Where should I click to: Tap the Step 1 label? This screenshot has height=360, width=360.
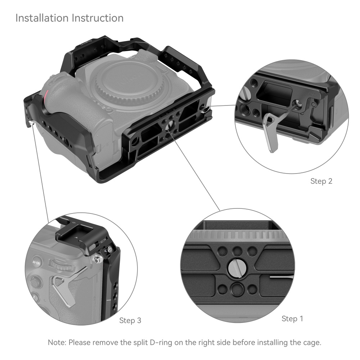(x=292, y=319)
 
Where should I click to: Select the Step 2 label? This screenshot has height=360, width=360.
(x=321, y=181)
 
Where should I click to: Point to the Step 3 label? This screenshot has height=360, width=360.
(x=130, y=320)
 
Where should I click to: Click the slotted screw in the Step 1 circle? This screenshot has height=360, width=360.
(x=236, y=269)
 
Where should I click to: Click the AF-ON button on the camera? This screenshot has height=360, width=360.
(x=37, y=263)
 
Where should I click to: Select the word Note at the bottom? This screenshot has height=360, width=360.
(x=56, y=342)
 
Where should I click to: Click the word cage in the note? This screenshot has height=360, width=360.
(x=310, y=342)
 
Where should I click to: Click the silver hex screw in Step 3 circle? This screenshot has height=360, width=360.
(x=96, y=259)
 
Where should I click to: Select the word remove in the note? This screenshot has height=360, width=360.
(x=105, y=342)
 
